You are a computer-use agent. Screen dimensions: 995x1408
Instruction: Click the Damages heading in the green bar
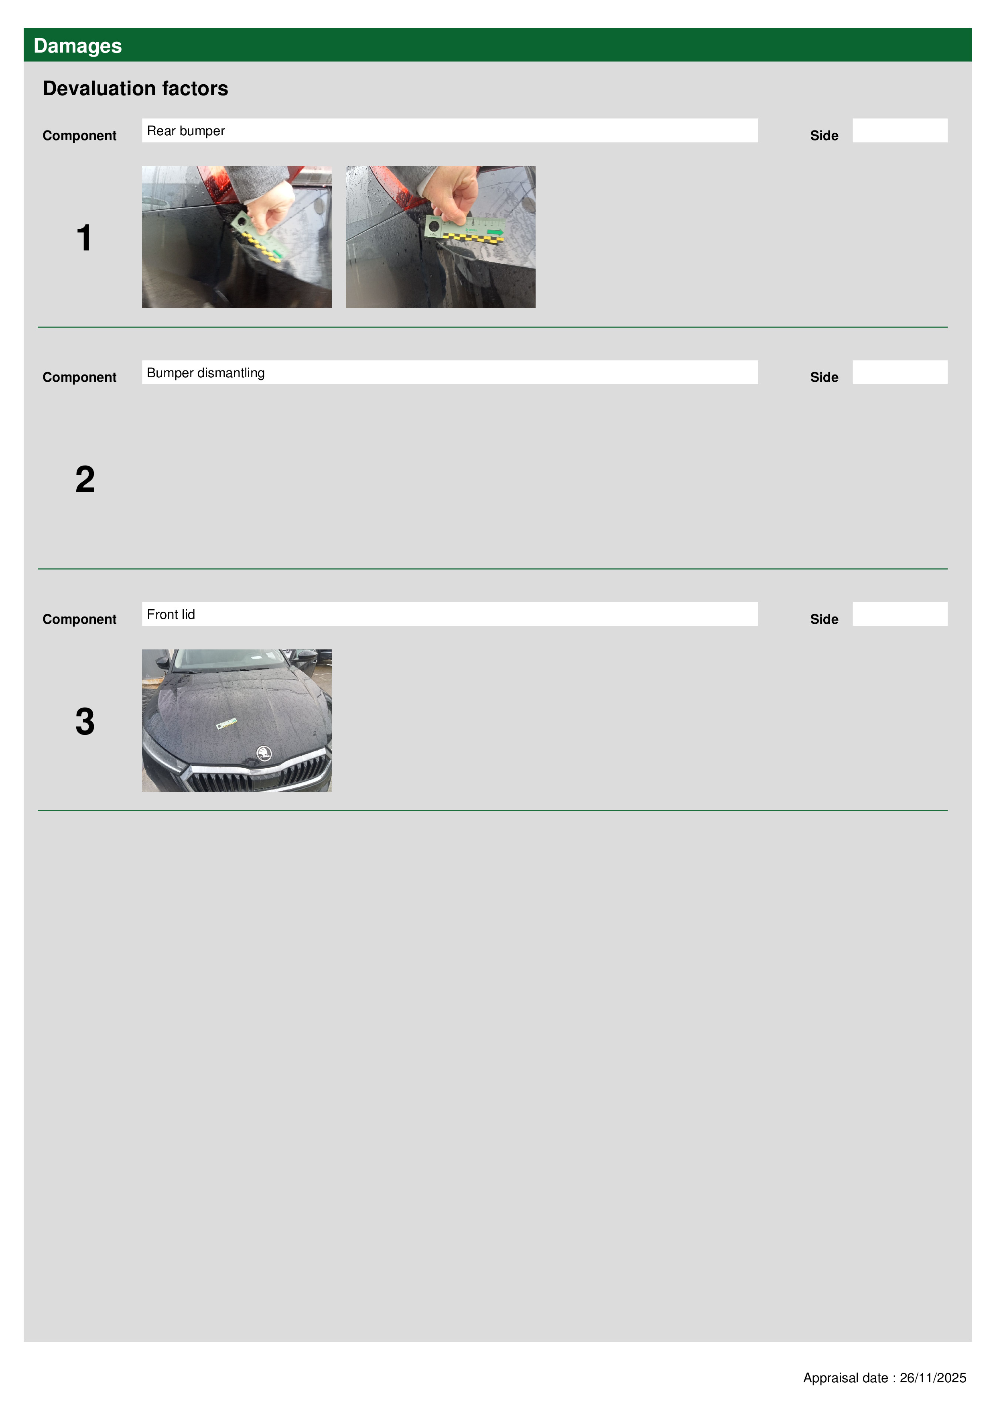(77, 46)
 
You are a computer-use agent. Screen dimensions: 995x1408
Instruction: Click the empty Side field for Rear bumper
(900, 130)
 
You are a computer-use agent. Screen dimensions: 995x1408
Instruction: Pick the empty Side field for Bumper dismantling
(900, 372)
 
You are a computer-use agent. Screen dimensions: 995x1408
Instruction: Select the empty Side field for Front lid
(900, 614)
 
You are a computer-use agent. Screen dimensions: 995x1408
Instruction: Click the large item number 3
(85, 721)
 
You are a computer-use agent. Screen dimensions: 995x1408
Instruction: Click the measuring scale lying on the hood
(226, 724)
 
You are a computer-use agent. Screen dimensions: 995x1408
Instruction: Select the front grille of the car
(258, 776)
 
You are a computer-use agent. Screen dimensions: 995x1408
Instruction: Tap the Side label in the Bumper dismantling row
(824, 377)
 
